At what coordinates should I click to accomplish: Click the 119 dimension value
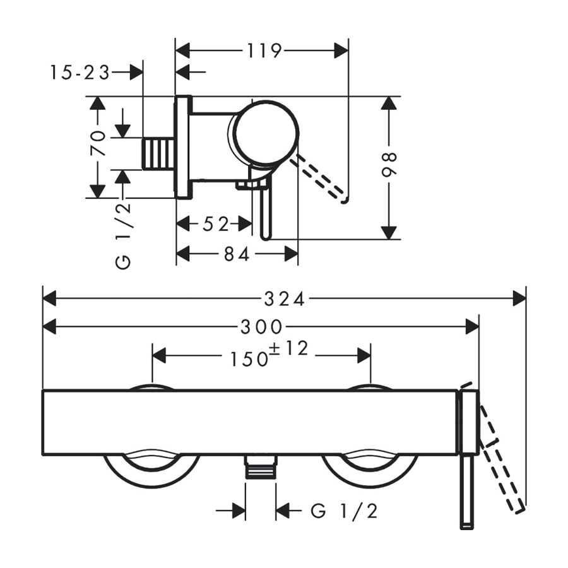(264, 51)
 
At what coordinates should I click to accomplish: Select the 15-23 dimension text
(80, 73)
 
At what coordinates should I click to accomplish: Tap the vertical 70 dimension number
(98, 143)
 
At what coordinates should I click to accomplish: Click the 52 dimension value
(216, 225)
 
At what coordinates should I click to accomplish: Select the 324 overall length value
(285, 300)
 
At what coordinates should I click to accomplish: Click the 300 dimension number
(261, 328)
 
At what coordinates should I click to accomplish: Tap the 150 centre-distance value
(249, 359)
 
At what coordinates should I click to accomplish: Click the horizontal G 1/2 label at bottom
(344, 511)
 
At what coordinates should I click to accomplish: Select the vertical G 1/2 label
(123, 235)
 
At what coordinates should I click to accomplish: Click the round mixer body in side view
(266, 133)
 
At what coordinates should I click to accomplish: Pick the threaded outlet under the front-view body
(260, 466)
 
